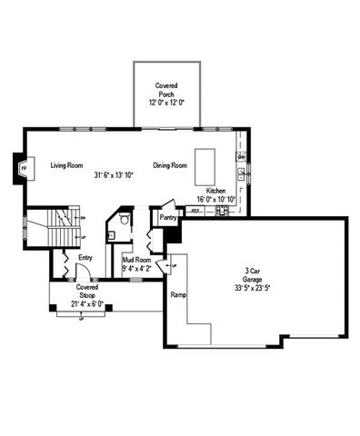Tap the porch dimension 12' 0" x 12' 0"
[x=165, y=103]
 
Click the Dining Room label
[x=169, y=165]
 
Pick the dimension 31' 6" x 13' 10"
[x=114, y=174]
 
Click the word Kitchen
[x=215, y=191]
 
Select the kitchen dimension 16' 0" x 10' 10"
[x=216, y=199]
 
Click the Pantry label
[x=167, y=218]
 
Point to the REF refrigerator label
[x=195, y=211]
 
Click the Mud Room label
[x=137, y=260]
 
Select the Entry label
[x=85, y=258]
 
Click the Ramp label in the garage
[x=177, y=294]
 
